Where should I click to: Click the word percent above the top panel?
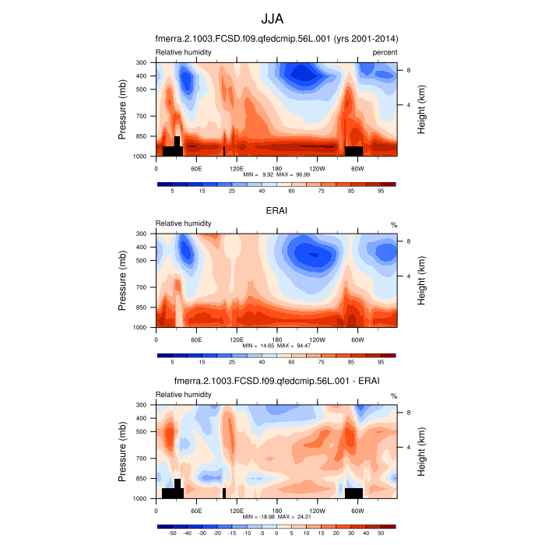[x=384, y=52]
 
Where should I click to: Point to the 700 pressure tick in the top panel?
[x=142, y=116]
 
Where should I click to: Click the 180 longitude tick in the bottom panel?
[x=277, y=510]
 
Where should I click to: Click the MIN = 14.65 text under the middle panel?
[x=261, y=346]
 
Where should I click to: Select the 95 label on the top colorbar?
[x=381, y=191]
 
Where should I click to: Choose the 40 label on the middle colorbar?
[x=262, y=362]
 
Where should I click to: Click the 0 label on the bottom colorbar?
[x=276, y=534]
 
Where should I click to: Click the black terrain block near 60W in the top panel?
[x=354, y=150]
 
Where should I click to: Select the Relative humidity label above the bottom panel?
[x=184, y=395]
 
